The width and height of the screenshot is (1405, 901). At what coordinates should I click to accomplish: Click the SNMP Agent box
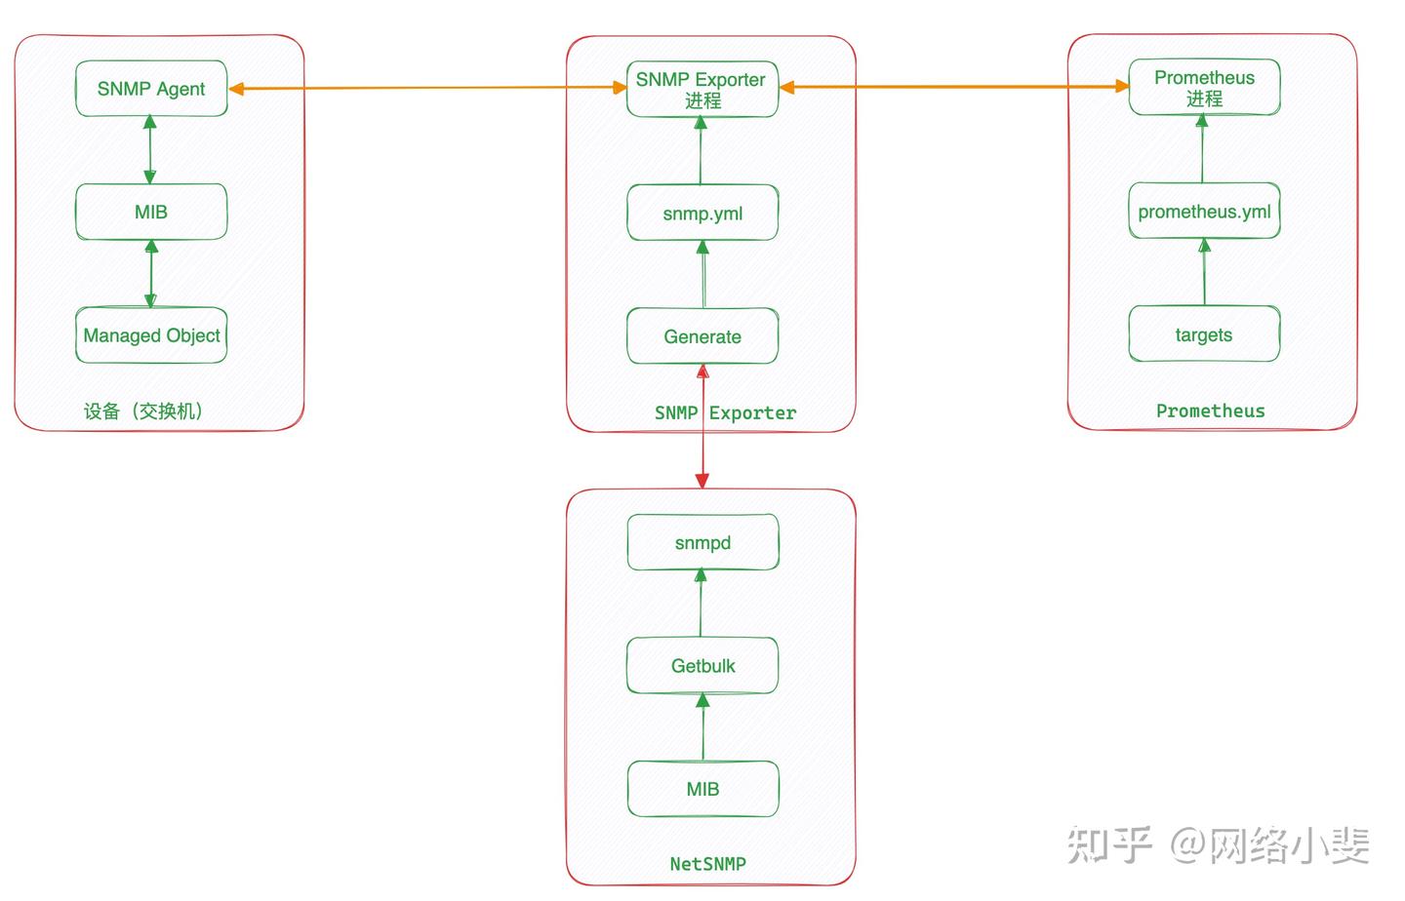[151, 89]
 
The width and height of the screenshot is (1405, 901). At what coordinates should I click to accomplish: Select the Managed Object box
[151, 335]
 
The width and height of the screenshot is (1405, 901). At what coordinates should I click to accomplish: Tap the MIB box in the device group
[151, 212]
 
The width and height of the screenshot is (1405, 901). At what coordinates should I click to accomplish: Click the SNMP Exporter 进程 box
[702, 89]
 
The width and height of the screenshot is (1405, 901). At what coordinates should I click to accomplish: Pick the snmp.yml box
[702, 213]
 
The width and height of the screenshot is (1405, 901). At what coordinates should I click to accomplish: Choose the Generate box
[702, 336]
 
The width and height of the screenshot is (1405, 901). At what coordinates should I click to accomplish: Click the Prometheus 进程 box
[1204, 87]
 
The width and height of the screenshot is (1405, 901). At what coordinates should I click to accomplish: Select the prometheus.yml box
[1204, 212]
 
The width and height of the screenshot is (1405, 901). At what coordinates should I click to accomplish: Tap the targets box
[1204, 334]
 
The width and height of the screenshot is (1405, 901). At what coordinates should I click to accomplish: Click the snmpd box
[702, 542]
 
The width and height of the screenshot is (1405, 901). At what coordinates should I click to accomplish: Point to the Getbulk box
[702, 666]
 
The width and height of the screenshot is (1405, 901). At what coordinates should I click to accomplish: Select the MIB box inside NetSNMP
[702, 789]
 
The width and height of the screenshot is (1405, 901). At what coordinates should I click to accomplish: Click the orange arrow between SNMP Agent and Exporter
[429, 88]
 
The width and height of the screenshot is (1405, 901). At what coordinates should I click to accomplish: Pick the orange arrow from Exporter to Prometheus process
[954, 87]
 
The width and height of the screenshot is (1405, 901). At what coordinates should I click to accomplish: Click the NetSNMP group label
[707, 864]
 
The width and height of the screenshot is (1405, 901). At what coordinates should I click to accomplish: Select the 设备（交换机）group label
[143, 411]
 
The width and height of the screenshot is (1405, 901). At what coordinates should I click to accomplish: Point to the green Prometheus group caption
[1210, 411]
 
